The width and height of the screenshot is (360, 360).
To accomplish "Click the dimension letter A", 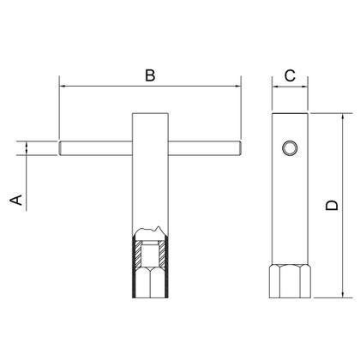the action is coord(16,200).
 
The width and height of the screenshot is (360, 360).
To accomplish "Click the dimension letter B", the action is coord(150,75).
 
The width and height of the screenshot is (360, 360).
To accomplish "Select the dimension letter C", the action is coord(290,75).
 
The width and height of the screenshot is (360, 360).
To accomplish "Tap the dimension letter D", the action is coord(332,205).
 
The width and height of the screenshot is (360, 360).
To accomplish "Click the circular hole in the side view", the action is coord(290,148).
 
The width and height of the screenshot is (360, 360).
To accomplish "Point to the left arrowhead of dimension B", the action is coord(63,86).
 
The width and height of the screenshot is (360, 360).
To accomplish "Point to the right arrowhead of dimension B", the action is coord(237,86).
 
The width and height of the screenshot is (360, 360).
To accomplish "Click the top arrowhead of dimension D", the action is coord(343,117).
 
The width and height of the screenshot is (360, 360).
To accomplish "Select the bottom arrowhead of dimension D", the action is coord(343,294).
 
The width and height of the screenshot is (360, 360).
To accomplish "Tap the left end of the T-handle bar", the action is coord(59,148).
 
